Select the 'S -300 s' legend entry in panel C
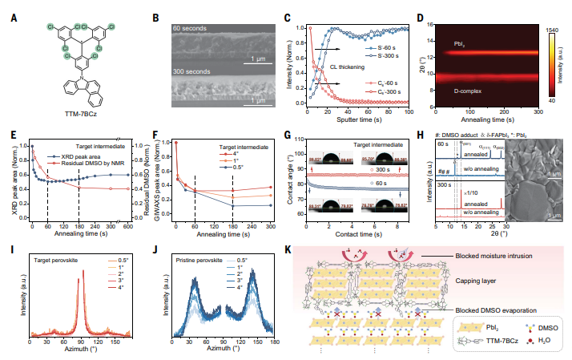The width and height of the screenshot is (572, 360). click(x=390, y=55)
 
